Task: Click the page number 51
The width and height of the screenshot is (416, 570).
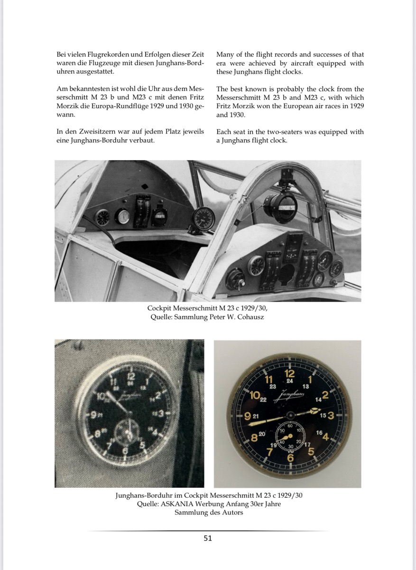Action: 208,538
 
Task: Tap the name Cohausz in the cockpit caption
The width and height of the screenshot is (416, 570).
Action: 248,317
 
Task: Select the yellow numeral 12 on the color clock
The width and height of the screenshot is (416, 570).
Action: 290,373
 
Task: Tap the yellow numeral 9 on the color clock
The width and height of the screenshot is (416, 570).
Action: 247,417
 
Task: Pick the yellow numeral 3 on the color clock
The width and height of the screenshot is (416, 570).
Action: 331,416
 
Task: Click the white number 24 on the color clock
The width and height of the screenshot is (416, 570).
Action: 290,381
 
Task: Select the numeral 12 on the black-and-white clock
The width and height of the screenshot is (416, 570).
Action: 130,376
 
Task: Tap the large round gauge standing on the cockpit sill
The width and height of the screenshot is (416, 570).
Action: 203,218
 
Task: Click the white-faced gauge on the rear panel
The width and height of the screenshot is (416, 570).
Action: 122,217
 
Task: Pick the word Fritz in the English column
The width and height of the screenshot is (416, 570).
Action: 227,106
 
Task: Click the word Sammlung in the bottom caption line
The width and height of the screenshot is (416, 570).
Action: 193,513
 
